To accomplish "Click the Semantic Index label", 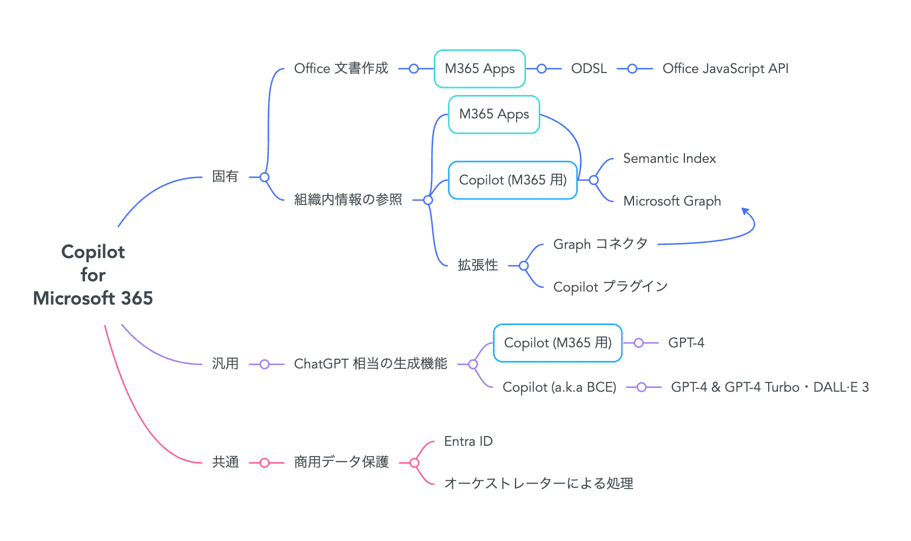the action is coord(669,158).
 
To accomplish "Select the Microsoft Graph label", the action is coord(672,201).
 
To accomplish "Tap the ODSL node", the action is coord(589,68).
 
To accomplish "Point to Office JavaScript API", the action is coord(725,69).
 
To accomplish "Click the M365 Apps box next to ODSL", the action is coord(480,69).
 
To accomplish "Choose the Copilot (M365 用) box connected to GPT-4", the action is coord(558,343).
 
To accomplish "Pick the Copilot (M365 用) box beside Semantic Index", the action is coord(513,180).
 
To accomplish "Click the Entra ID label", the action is coord(468,441).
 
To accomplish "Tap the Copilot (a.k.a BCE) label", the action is coord(559,387).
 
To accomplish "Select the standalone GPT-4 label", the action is coord(686,343).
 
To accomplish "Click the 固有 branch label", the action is coord(225,176).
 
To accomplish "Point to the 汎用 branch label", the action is coord(225,364).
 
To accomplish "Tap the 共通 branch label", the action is coord(225,462).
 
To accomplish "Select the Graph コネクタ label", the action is coord(600,244).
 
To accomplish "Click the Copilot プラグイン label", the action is coord(610,287).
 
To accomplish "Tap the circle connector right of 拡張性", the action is coord(524,266).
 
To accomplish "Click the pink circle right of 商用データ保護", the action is coord(414,463).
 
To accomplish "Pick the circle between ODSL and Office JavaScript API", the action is coord(632,69).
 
